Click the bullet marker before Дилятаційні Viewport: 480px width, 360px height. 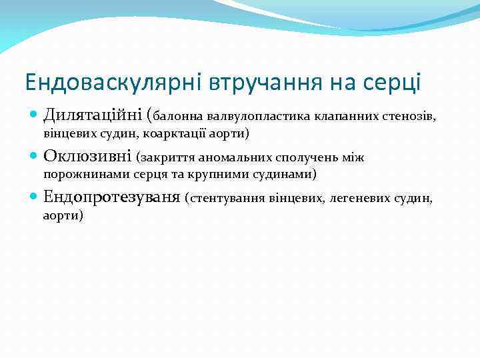pyautogui.click(x=34, y=116)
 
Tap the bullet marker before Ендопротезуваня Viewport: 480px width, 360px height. pyautogui.click(x=34, y=197)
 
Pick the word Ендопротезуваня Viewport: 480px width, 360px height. pyautogui.click(x=112, y=197)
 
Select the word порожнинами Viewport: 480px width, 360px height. pyautogui.click(x=76, y=175)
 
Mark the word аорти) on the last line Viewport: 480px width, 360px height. pyautogui.click(x=63, y=215)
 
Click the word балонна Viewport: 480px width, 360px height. pyautogui.click(x=181, y=117)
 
